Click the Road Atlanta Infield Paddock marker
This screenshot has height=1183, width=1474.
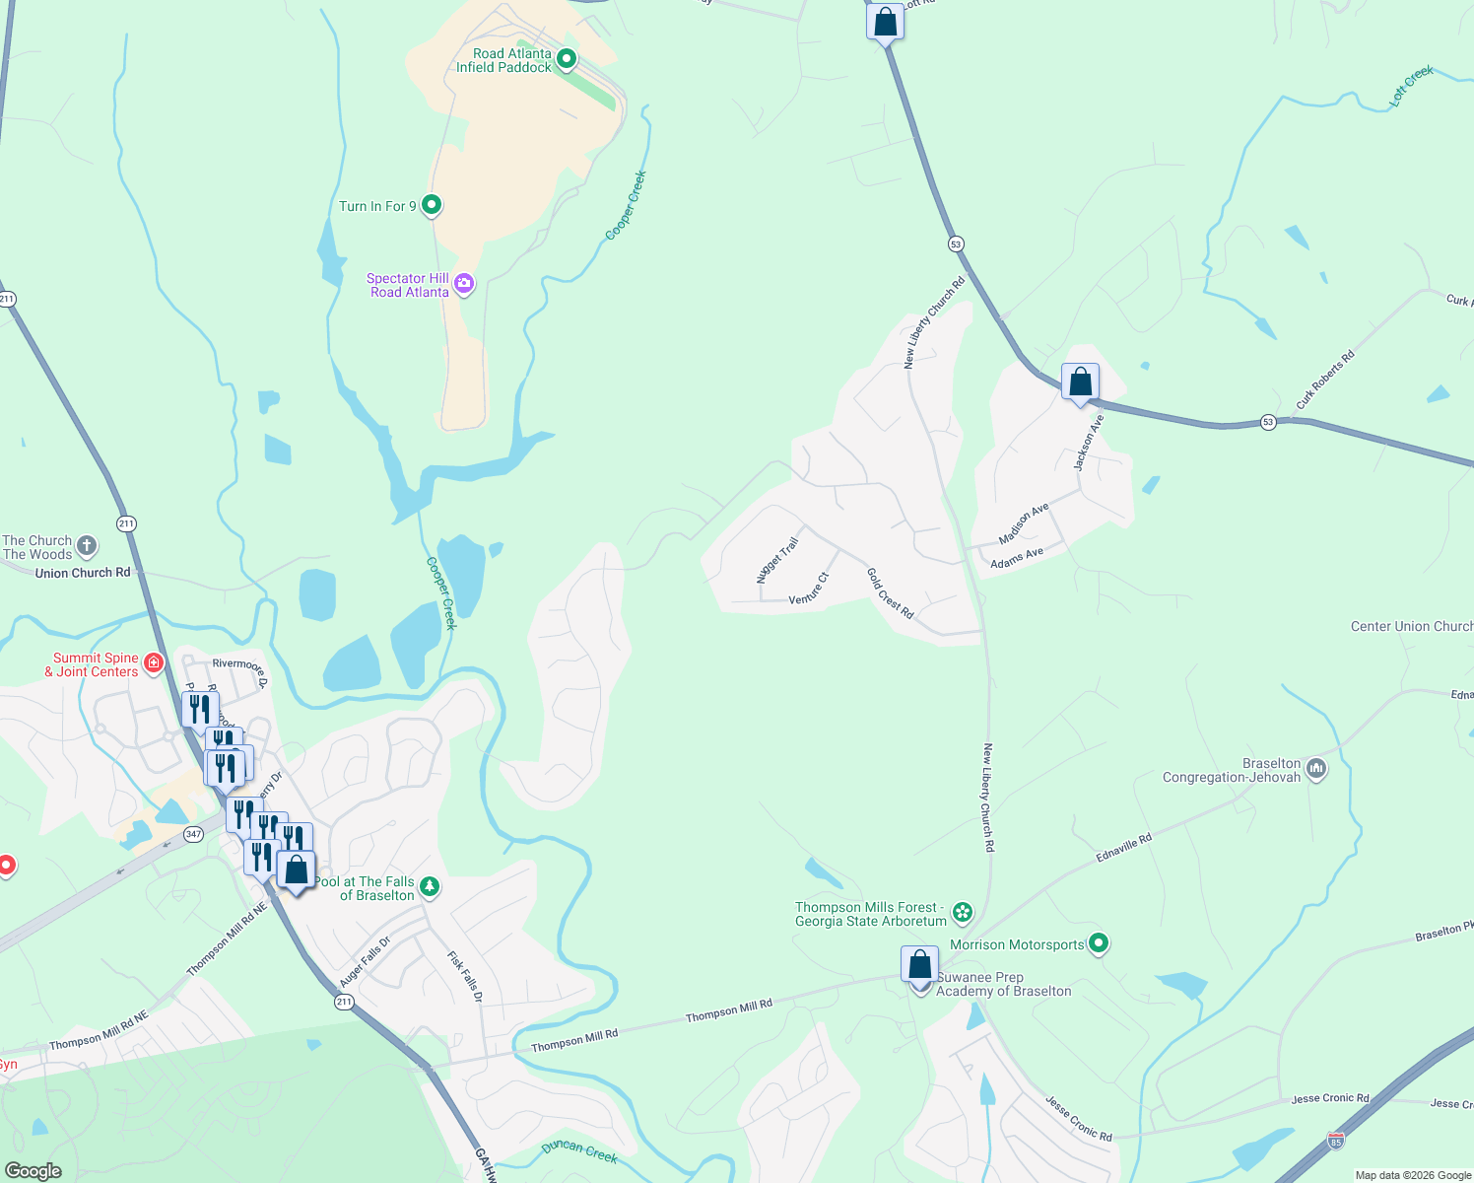(567, 59)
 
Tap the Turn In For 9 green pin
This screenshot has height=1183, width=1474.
(431, 205)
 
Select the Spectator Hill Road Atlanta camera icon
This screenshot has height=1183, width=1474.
(464, 285)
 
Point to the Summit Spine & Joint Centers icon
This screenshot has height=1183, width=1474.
(154, 662)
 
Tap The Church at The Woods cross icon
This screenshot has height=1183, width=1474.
(87, 545)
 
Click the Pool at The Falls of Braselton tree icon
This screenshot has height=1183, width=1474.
(430, 887)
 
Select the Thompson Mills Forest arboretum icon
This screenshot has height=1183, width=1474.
(963, 913)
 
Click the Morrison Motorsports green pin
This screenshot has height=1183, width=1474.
(1099, 943)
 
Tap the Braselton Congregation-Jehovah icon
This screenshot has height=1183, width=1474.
(1315, 768)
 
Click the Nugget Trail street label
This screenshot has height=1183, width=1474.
(777, 560)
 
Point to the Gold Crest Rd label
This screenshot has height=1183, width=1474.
(890, 592)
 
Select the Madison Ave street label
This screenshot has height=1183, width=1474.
(1024, 523)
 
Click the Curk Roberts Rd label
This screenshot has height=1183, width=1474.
(1324, 380)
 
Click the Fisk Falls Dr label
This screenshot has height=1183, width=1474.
(465, 976)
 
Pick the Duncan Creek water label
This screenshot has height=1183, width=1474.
(579, 1150)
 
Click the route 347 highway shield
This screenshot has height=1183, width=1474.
(193, 834)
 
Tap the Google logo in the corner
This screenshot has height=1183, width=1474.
(33, 1170)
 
